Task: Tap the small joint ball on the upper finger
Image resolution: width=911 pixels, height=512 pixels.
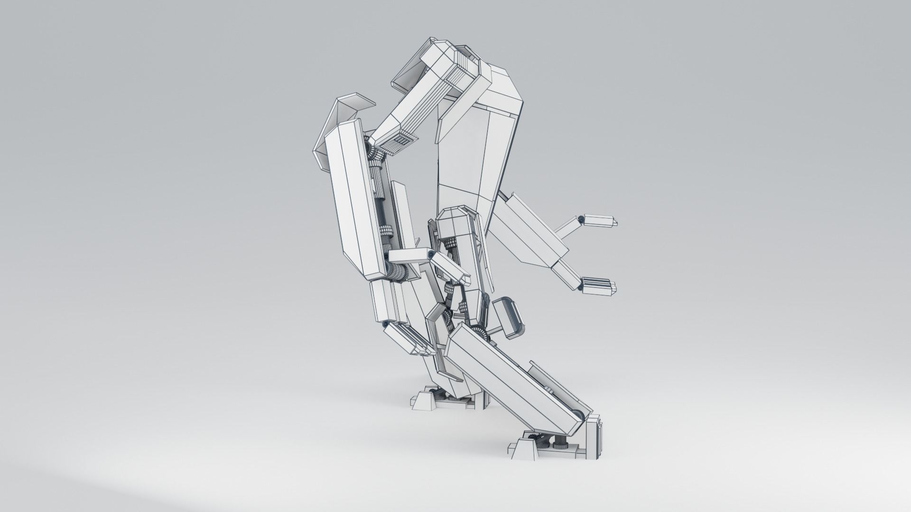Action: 581,219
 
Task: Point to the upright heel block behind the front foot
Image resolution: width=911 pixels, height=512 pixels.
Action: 595,434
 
